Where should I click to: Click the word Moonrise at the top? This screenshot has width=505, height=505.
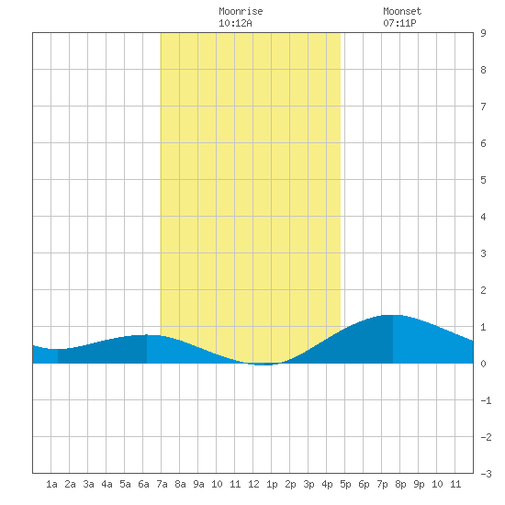pos(241,11)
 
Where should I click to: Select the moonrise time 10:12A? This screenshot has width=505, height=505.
pos(235,23)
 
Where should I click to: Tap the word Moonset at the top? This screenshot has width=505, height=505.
pos(402,11)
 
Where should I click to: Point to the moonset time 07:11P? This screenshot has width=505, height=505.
pos(399,23)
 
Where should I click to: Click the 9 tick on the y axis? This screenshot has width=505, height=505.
pos(483,33)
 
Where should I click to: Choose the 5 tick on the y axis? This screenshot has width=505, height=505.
pos(483,180)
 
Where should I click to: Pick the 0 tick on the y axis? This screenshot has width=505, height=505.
pos(483,364)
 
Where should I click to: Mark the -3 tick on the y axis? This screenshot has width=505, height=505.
pos(486,474)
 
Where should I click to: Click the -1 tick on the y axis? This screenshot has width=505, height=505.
pos(486,400)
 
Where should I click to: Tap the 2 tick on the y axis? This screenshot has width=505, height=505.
pos(483,290)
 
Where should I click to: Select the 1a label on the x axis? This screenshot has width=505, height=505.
pos(51,484)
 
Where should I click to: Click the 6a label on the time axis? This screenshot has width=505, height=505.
pos(143,484)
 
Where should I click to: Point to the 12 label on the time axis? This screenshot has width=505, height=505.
pos(253,484)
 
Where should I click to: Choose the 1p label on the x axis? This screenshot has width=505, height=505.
pos(272,484)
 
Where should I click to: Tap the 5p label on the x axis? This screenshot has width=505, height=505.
pos(345,484)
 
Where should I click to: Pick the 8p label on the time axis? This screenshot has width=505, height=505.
pos(400,484)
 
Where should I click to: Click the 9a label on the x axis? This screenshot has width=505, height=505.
pos(198,484)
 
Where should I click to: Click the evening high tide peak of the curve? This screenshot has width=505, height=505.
pos(393,315)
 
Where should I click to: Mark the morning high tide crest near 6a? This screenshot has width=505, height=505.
pos(147,335)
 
